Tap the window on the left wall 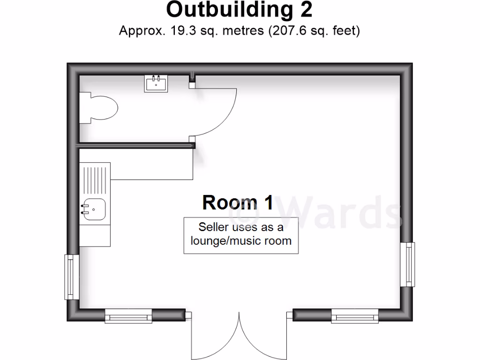pos(72,277)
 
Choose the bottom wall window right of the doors pos(355,316)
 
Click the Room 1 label pos(238,202)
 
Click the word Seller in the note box pos(214,227)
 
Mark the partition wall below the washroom pos(136,146)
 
